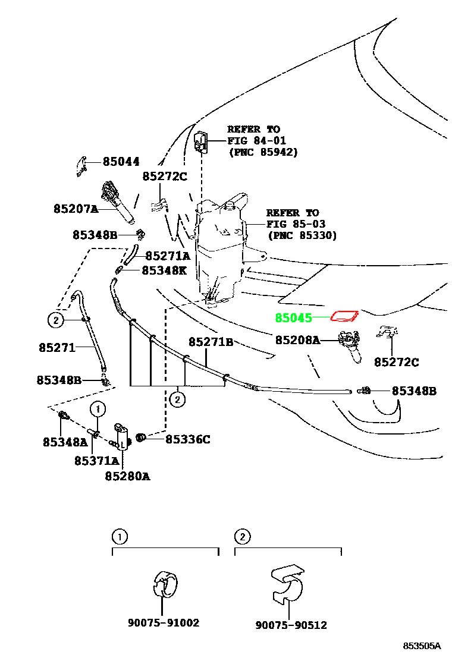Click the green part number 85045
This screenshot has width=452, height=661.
pos(293,317)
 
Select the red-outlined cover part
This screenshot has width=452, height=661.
pos(344,315)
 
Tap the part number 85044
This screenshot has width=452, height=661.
pos(121,162)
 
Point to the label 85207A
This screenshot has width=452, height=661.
pos(76,208)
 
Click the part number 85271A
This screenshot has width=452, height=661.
pos(168,256)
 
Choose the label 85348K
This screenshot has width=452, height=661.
pos(164,270)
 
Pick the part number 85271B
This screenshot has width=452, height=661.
pos(211,341)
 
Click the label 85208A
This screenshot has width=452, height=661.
pos(298,339)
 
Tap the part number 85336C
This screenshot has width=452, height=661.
pos(187,439)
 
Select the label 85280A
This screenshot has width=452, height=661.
pos(127,476)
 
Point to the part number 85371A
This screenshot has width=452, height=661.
pos(96,461)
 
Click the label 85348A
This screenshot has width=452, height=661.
pos(65,442)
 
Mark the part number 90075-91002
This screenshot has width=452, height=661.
pos(164,622)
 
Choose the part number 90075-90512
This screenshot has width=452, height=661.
pos(291,624)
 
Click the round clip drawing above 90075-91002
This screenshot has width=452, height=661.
pos(165,585)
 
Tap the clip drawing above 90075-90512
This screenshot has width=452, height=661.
pos(287,585)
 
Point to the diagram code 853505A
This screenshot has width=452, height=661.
pos(422,646)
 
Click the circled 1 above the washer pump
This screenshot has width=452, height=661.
pos(98,409)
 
